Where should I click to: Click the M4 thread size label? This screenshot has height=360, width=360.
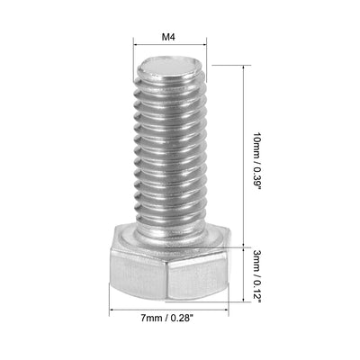168,38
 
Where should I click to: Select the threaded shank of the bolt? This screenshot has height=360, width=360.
170,153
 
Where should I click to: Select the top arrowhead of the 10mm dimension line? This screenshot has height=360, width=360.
244,68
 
